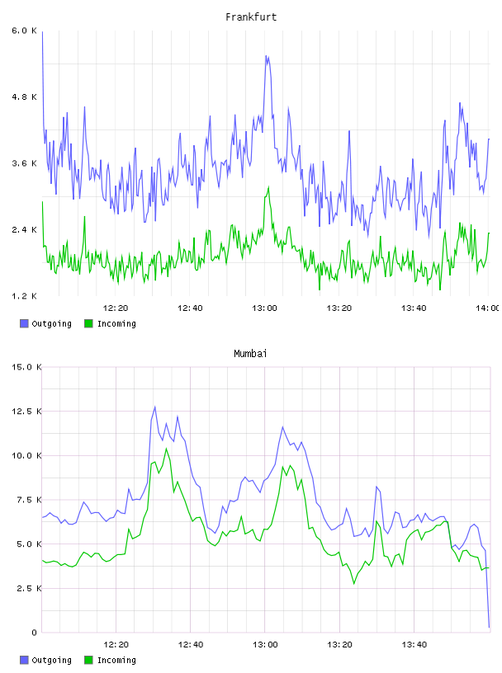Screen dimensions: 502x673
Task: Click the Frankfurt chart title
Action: pos(251,16)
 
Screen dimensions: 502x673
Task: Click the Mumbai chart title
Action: pos(250,353)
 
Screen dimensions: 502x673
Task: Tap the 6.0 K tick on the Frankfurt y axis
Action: pos(25,31)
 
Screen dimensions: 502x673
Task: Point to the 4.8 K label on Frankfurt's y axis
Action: pos(25,97)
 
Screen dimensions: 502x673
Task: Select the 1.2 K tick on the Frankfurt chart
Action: pos(25,296)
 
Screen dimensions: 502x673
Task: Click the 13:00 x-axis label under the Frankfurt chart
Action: pos(264,308)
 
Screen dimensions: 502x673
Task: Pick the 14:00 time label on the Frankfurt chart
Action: pos(488,308)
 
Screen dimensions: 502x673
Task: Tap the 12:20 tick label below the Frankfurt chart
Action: pos(116,308)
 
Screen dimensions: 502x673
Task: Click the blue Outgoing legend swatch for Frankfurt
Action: pos(24,323)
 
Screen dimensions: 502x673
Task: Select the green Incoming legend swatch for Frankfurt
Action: pos(88,323)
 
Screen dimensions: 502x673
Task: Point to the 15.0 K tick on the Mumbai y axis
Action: pos(26,367)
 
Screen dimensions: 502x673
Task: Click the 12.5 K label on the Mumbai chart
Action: pos(26,412)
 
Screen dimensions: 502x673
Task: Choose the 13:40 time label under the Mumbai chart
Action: pos(414,644)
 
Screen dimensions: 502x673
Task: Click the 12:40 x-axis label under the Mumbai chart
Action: pos(190,644)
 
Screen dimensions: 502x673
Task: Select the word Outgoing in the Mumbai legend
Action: pos(51,660)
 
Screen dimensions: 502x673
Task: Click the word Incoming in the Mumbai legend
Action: pos(116,660)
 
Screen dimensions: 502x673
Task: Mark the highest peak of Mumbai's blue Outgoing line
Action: pos(154,407)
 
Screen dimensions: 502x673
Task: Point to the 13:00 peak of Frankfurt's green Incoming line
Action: pos(268,187)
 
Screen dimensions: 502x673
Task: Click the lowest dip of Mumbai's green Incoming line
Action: pos(354,584)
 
